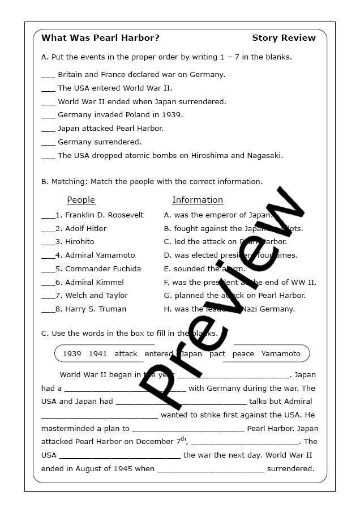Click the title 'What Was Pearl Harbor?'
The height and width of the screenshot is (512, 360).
(100, 38)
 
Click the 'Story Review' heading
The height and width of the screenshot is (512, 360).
(284, 38)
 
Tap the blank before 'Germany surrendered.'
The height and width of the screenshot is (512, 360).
(48, 142)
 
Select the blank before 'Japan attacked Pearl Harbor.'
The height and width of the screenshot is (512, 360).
(48, 129)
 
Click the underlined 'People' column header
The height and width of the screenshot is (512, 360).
(81, 200)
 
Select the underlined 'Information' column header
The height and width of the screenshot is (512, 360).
(198, 200)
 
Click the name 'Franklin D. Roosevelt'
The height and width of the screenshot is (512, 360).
(104, 215)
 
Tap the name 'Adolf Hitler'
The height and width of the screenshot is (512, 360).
(85, 229)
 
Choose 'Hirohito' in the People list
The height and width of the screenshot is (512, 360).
(80, 242)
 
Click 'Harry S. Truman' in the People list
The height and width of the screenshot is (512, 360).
(96, 309)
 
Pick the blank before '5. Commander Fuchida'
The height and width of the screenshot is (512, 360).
(47, 269)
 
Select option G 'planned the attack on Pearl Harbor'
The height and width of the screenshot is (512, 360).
(234, 296)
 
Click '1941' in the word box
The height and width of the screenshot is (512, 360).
(98, 354)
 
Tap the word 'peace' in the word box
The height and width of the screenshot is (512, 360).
(243, 354)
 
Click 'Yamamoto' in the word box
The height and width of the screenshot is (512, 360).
(281, 354)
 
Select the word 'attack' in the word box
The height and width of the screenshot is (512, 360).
(126, 354)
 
